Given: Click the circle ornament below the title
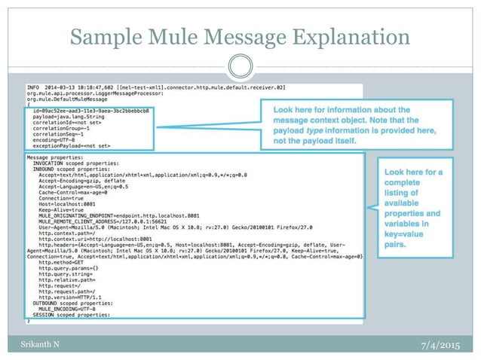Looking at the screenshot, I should (x=240, y=66).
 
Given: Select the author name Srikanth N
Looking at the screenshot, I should (x=36, y=344).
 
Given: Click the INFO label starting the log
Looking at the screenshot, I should (x=32, y=88).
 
